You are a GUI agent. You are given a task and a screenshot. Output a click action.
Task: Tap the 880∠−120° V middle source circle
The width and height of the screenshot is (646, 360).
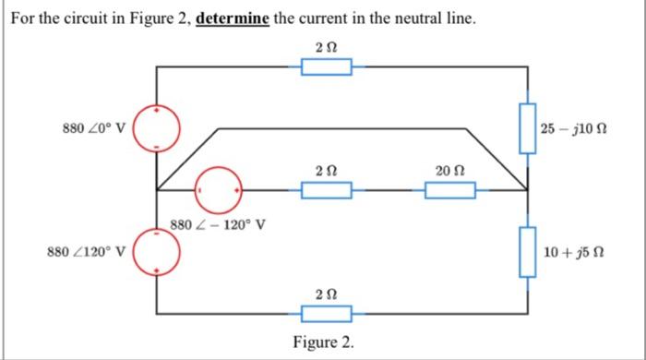click(219, 189)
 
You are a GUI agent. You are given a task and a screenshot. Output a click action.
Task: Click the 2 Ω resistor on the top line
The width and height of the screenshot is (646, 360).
click(328, 66)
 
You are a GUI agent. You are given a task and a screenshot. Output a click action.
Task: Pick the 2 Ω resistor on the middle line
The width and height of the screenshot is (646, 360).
click(328, 190)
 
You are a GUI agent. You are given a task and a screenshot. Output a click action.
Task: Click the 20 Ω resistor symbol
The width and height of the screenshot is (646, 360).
click(450, 190)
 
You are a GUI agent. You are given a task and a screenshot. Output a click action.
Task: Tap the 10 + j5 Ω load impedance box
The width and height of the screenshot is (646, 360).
click(527, 252)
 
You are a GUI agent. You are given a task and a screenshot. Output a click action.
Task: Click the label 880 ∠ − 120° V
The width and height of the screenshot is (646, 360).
click(220, 222)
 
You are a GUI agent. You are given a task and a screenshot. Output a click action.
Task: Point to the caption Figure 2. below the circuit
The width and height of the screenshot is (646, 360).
click(323, 342)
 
